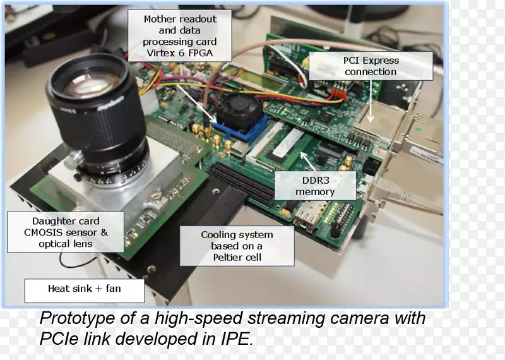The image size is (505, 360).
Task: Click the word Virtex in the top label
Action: (159, 53)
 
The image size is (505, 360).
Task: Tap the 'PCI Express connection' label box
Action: (371, 66)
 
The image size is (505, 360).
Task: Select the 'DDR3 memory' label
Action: (315, 186)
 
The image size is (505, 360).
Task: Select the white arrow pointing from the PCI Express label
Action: (371, 101)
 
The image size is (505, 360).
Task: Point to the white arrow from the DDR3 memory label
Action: (308, 161)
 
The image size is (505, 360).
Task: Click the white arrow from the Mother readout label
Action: (196, 104)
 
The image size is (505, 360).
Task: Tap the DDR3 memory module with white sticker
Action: (288, 145)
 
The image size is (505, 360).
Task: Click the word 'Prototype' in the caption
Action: (77, 318)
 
